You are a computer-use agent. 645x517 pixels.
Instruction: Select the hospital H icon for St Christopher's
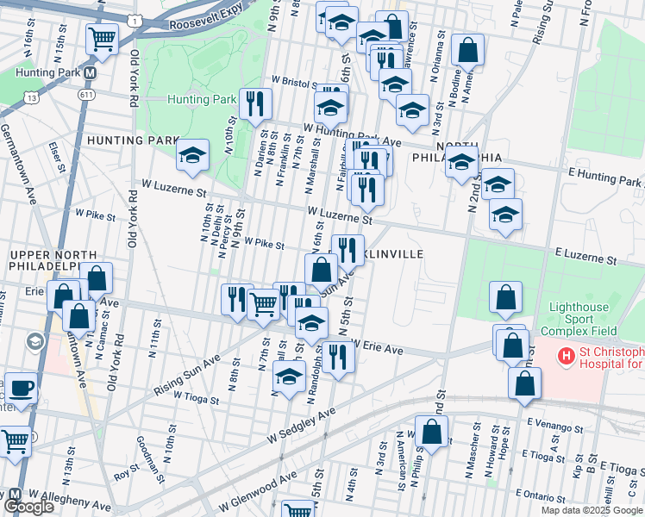[x=566, y=354]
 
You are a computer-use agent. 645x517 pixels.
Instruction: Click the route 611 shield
[x=86, y=95]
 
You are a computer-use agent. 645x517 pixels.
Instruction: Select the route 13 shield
[x=32, y=99]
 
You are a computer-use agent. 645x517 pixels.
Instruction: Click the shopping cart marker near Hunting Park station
[x=102, y=40]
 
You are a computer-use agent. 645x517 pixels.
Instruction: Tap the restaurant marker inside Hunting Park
[x=255, y=105]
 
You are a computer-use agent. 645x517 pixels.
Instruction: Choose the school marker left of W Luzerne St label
[x=192, y=156]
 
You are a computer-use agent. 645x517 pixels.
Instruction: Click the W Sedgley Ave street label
[x=300, y=425]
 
